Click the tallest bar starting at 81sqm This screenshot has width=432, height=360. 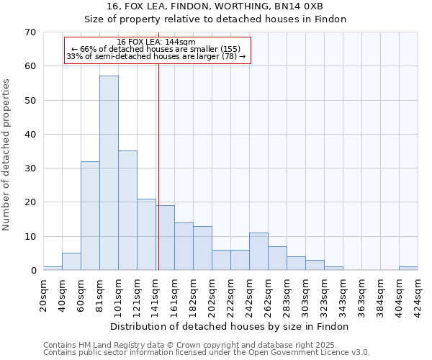(109, 173)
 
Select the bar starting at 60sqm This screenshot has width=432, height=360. (90, 215)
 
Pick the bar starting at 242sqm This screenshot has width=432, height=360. (258, 251)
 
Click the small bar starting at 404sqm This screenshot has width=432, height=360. (408, 269)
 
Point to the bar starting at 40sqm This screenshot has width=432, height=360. (71, 262)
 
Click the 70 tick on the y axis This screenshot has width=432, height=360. (30, 32)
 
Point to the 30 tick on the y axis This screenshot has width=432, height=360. (30, 168)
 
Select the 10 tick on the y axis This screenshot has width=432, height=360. (30, 237)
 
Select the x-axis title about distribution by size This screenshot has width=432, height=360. (230, 326)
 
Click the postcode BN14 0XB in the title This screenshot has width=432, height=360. (314, 7)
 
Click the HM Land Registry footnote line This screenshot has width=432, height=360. (180, 345)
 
